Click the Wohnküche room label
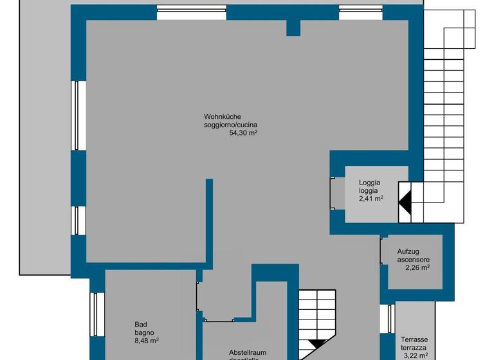point(222,116)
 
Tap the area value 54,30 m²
point(243,133)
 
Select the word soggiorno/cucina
point(231,125)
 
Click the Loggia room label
point(369,183)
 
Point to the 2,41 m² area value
point(371,199)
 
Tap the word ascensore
point(414,260)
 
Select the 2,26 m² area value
point(417,268)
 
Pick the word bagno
point(144,332)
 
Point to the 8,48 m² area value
point(147,341)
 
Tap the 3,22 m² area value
point(415,355)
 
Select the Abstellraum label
point(248,352)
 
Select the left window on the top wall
point(192,12)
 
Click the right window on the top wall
point(361,12)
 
